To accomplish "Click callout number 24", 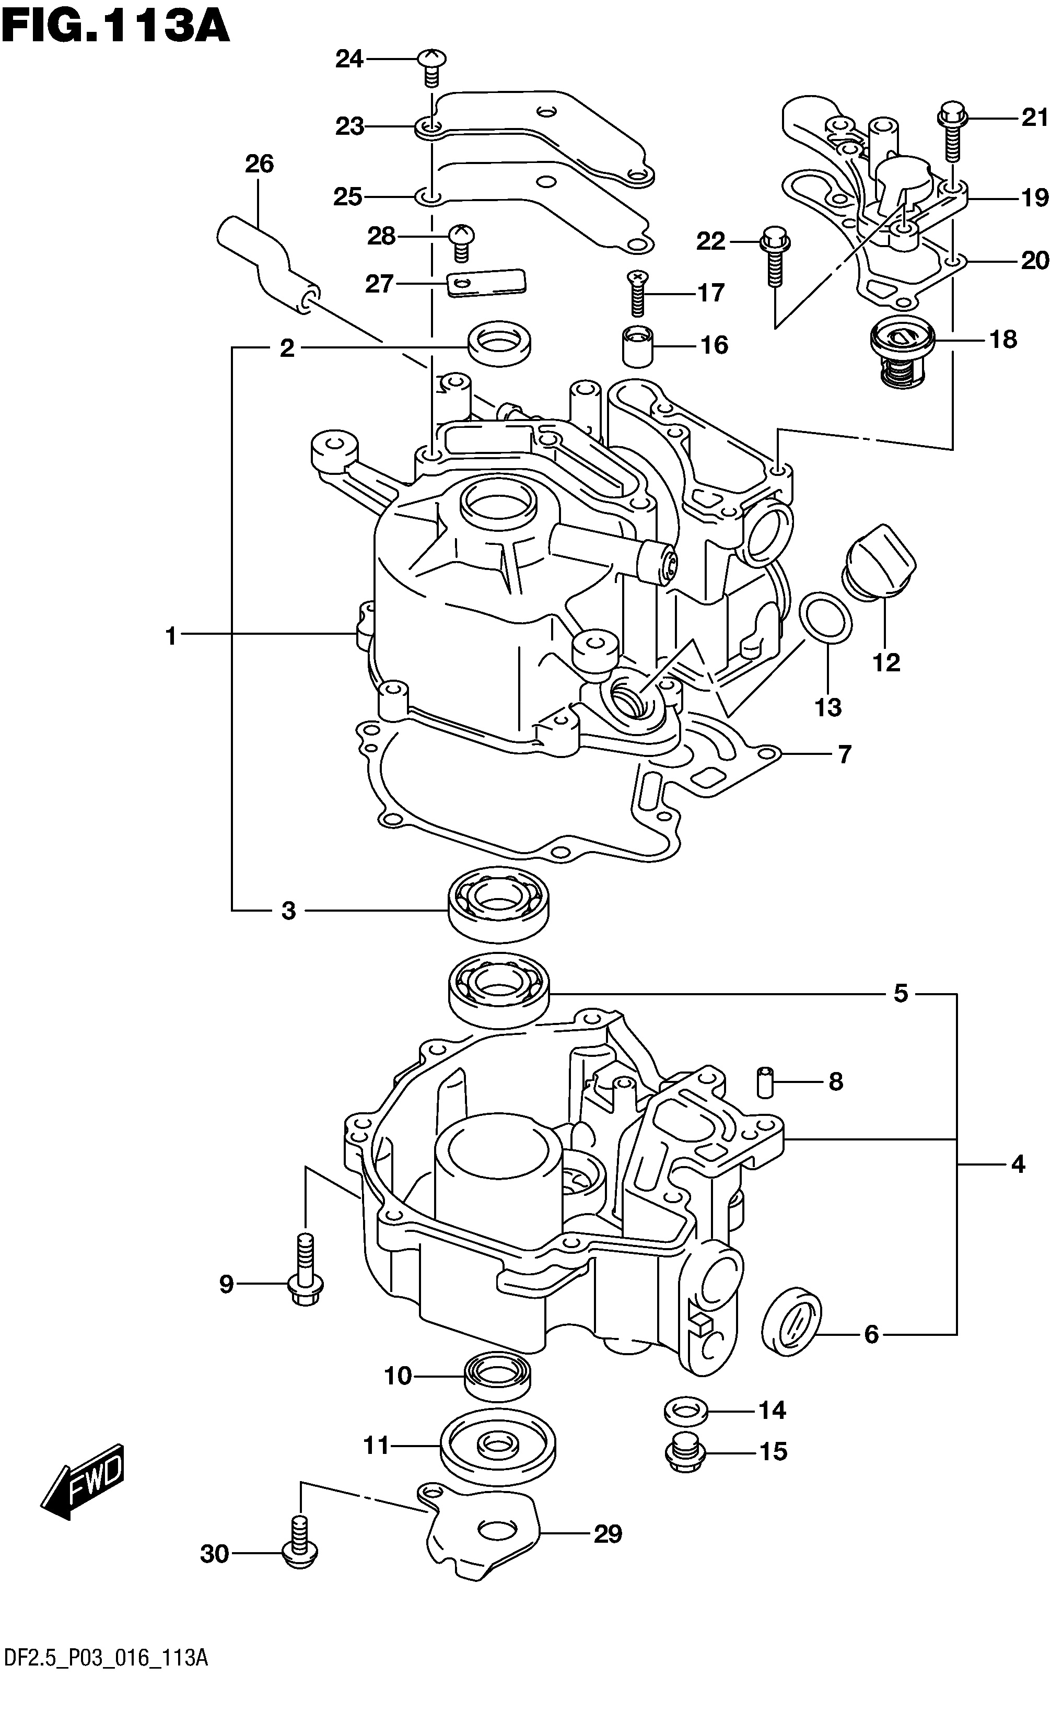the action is [349, 60].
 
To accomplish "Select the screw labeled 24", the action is [431, 68].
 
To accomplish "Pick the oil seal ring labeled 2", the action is [500, 343].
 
